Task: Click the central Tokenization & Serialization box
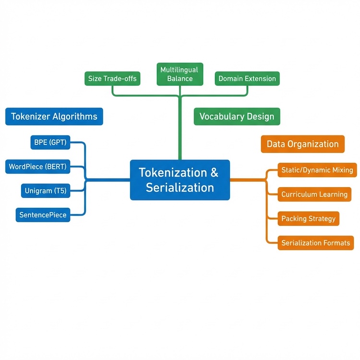click(180, 180)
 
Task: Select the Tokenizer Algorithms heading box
click(54, 116)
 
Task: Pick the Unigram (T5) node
click(46, 191)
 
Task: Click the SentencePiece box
click(43, 215)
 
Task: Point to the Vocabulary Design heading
click(237, 116)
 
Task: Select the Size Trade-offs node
click(112, 78)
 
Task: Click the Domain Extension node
click(247, 78)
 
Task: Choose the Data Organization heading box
click(302, 144)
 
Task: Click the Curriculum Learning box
click(314, 194)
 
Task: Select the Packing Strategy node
click(309, 218)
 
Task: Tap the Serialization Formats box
click(316, 242)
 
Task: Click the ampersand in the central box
click(215, 172)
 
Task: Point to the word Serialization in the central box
click(180, 187)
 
